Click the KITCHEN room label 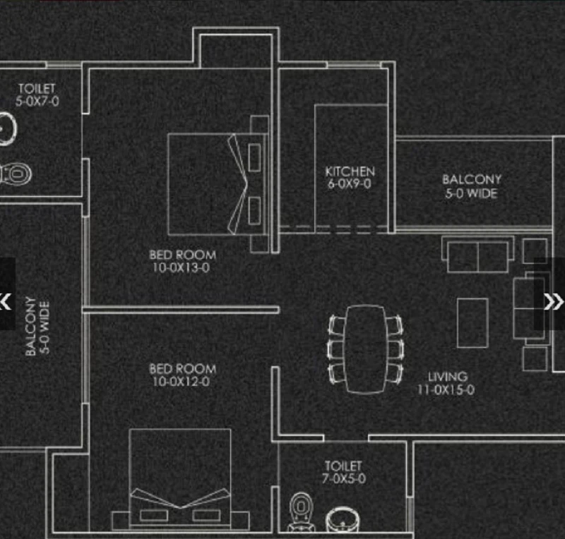(x=350, y=171)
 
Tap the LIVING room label (x=448, y=377)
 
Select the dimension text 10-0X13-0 (x=181, y=267)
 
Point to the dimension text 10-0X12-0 (x=181, y=381)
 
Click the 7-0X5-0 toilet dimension (x=344, y=478)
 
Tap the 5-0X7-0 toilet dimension (x=37, y=101)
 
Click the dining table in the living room (x=365, y=349)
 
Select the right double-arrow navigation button (x=553, y=301)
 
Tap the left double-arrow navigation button (x=5, y=301)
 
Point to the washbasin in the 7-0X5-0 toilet (x=343, y=519)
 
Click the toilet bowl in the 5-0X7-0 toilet (x=16, y=174)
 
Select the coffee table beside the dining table (x=472, y=323)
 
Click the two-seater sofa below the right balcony (x=478, y=254)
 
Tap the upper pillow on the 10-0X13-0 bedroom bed (x=254, y=157)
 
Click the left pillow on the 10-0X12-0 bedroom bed (x=154, y=515)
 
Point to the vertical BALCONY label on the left (x=31, y=326)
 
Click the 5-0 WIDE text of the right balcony (x=472, y=193)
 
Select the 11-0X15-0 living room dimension (x=446, y=389)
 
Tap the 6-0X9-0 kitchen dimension (x=349, y=183)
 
